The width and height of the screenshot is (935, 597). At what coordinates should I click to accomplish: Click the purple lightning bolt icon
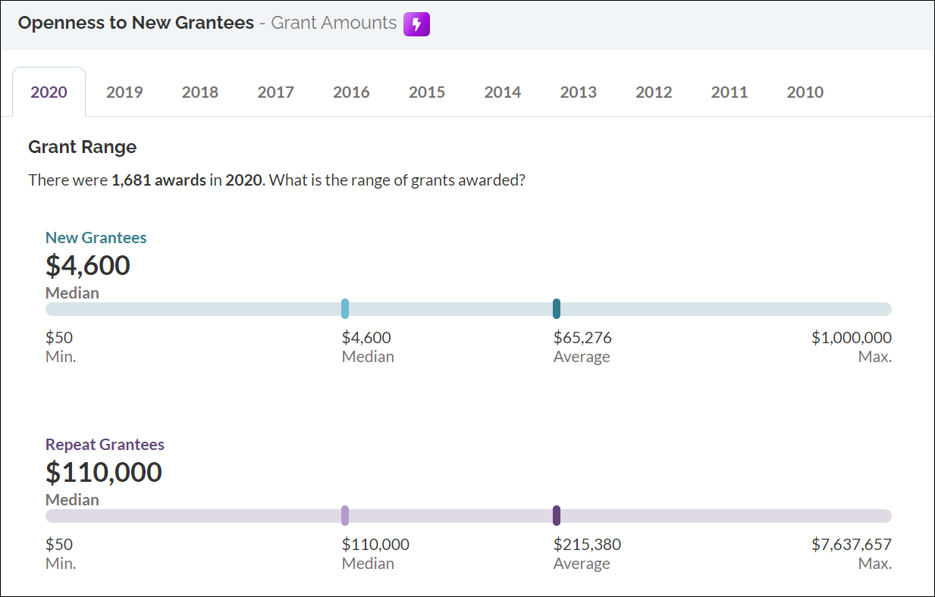tap(416, 24)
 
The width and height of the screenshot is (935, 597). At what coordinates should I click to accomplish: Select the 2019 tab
tap(124, 92)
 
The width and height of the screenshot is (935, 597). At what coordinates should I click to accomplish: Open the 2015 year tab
tap(427, 92)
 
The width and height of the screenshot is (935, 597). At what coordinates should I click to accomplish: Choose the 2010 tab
tap(805, 92)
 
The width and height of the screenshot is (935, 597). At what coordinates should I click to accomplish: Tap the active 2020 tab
tap(49, 92)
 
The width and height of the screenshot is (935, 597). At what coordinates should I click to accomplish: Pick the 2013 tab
tap(578, 92)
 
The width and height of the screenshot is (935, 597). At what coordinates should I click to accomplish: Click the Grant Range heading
tap(82, 147)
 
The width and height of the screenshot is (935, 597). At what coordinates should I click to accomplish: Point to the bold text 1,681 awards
tap(158, 181)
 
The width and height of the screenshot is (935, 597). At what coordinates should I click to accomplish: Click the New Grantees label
tap(96, 238)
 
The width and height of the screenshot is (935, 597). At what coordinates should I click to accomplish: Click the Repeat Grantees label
tap(105, 445)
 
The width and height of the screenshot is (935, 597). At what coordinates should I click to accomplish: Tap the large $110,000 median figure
tap(104, 472)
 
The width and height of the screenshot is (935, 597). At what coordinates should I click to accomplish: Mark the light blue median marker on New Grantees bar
tap(345, 308)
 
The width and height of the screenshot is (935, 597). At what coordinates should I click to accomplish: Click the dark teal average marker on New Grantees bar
tap(557, 308)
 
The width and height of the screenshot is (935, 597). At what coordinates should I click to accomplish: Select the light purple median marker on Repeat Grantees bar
tap(345, 515)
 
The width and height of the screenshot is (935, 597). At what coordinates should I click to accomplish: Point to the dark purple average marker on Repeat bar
tap(557, 515)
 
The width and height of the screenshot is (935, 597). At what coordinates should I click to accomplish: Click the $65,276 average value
tap(582, 338)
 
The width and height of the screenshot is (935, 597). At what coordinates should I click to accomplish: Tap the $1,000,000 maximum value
tap(851, 338)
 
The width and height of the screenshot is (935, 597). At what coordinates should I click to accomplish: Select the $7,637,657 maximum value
tap(851, 545)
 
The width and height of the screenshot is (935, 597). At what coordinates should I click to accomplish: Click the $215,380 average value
tap(587, 545)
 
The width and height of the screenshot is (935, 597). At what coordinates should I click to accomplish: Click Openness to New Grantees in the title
tap(136, 23)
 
